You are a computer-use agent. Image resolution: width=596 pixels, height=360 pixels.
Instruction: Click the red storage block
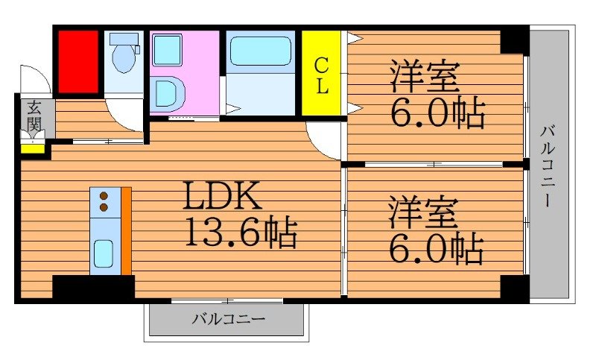(x=78, y=62)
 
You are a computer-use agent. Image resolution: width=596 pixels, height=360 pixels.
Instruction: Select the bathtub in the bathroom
(x=260, y=52)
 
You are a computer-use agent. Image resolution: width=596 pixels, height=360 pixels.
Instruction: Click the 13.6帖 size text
(x=240, y=233)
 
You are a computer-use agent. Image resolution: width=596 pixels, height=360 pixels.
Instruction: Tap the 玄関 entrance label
(x=34, y=116)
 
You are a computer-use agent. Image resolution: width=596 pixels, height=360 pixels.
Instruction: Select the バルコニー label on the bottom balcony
(x=228, y=320)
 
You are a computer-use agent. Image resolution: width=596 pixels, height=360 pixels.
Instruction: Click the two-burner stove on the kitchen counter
(x=104, y=201)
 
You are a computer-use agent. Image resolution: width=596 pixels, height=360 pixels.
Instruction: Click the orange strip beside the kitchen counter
(x=126, y=231)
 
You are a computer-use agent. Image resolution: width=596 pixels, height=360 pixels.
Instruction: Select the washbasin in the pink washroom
(x=168, y=94)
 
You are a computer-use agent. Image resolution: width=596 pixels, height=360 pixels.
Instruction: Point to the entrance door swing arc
(x=35, y=78)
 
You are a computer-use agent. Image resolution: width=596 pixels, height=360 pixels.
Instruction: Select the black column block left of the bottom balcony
(x=93, y=288)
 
